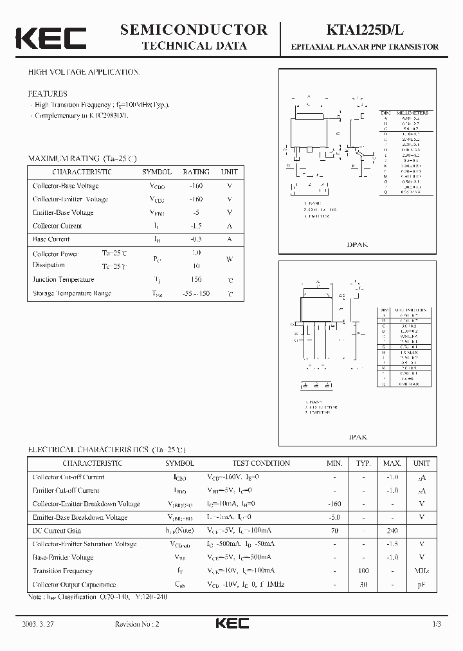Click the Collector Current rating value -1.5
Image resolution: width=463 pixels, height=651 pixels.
point(196,226)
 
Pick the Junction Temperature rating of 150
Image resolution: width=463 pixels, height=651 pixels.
point(196,280)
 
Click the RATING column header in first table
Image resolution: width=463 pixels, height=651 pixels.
point(196,172)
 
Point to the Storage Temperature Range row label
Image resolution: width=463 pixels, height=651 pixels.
point(72,293)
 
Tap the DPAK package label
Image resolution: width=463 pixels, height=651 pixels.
point(358,245)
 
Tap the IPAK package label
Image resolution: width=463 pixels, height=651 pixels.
point(358,437)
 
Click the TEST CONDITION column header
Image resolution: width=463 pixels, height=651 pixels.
point(261,463)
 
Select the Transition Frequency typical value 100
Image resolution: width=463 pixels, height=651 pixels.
point(364,571)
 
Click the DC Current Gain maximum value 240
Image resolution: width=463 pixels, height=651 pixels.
point(392,531)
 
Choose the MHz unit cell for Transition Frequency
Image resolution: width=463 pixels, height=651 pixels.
point(422,571)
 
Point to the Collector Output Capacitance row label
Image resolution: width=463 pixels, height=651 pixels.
point(75,584)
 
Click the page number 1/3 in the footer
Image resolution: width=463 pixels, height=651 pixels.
point(437,624)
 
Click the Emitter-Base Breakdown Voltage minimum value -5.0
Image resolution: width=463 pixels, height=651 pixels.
point(334,517)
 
